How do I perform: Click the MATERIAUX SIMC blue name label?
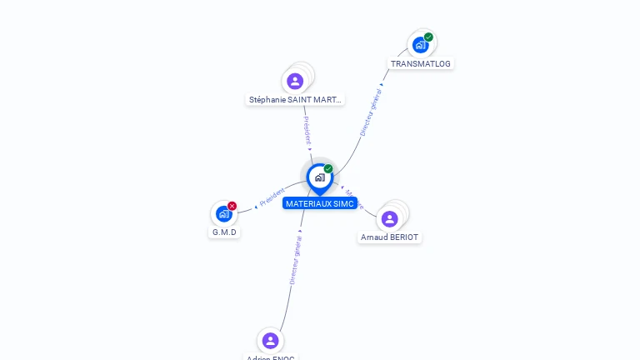pyautogui.click(x=320, y=203)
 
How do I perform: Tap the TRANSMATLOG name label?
pyautogui.click(x=422, y=63)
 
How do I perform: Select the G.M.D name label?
pyautogui.click(x=224, y=232)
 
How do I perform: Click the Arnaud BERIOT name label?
pyautogui.click(x=390, y=237)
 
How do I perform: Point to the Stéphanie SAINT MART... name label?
pyautogui.click(x=295, y=100)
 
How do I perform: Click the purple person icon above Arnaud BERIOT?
pyautogui.click(x=389, y=218)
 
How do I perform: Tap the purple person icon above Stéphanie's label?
pyautogui.click(x=295, y=81)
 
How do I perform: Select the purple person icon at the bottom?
pyautogui.click(x=270, y=340)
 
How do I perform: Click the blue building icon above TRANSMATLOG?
pyautogui.click(x=420, y=45)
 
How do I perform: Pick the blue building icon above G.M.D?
pyautogui.click(x=223, y=214)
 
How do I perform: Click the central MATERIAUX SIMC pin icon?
pyautogui.click(x=319, y=177)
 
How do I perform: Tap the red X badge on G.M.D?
pyautogui.click(x=232, y=206)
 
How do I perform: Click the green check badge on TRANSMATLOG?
pyautogui.click(x=428, y=37)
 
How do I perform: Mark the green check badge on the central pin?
pyautogui.click(x=328, y=169)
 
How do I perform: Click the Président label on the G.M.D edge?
pyautogui.click(x=272, y=197)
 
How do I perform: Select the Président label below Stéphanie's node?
pyautogui.click(x=307, y=131)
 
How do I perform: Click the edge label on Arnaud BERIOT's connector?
pyautogui.click(x=353, y=197)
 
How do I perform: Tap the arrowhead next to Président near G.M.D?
pyautogui.click(x=256, y=207)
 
